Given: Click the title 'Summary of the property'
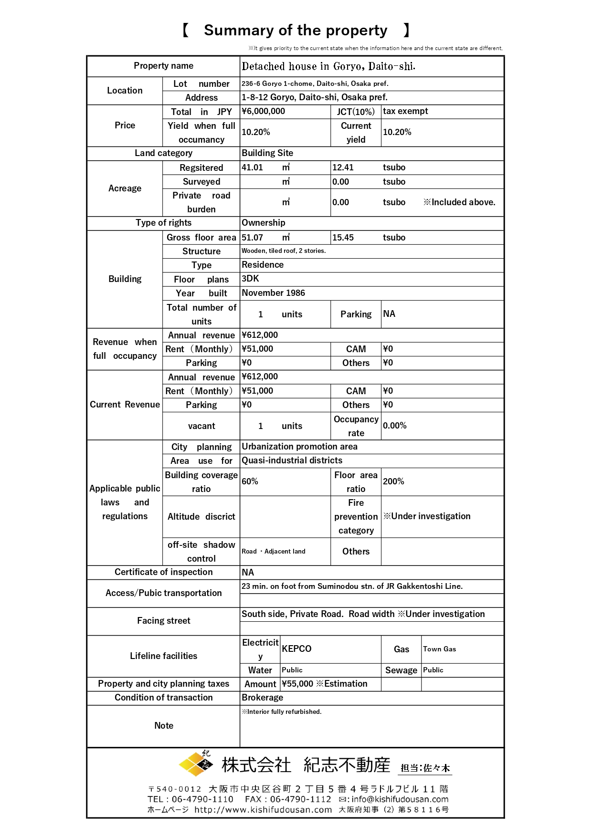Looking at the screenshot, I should pos(296,31).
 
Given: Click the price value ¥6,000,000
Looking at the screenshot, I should pos(264,111).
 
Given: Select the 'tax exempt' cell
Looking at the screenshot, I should pos(405,111).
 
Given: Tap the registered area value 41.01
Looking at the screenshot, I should pos(252,167).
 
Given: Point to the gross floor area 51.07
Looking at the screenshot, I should pos(252,238).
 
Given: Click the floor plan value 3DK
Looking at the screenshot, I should pos(251,279).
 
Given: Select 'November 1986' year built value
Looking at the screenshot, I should pos(273,293).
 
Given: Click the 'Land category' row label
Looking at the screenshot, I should pos(163,153).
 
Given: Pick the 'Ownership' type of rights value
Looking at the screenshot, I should pos(264,223).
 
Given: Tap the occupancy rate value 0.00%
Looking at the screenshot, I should pos(395,426).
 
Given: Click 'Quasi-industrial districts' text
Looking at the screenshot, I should pos(292,460).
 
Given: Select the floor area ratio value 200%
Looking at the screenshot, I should pos(393,481).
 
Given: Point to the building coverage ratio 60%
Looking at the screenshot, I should pos(250,481).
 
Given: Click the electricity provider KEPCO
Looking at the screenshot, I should pos(296,649).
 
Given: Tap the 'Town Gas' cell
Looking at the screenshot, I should pos(439,649).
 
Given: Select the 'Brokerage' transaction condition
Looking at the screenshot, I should pos(262,698).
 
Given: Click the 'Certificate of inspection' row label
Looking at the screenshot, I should pos(163,572).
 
